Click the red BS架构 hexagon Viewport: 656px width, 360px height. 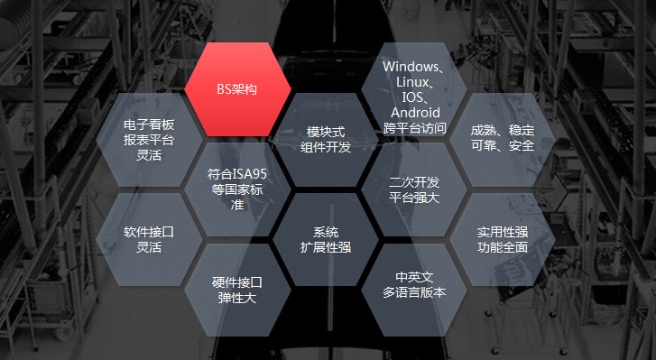[x=238, y=89]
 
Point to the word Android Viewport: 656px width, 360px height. [x=414, y=113]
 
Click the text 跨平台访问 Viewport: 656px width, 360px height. [x=414, y=128]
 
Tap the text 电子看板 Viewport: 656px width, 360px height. [x=149, y=124]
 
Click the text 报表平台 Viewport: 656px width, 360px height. [x=149, y=139]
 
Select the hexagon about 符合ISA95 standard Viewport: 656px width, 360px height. [x=238, y=188]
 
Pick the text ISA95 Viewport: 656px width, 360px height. [x=252, y=172]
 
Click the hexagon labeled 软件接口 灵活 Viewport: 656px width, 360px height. [x=149, y=239]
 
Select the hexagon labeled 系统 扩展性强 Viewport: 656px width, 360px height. [x=326, y=238]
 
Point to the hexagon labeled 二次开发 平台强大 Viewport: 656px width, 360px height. [x=414, y=189]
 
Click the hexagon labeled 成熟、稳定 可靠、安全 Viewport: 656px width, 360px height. [x=503, y=138]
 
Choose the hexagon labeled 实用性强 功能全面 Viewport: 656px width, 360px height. [x=503, y=239]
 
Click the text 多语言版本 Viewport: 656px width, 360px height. [x=414, y=293]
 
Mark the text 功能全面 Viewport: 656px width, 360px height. [x=503, y=247]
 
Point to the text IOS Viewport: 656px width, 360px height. [x=411, y=97]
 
